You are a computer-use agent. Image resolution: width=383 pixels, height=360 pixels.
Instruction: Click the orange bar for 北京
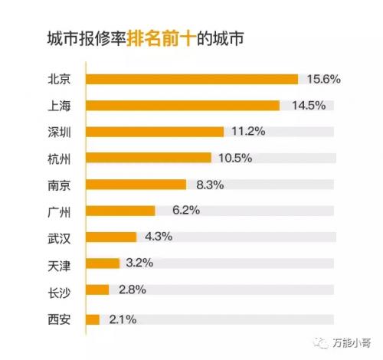(x=191, y=79)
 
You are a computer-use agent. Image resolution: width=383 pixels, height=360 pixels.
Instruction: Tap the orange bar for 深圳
(x=155, y=131)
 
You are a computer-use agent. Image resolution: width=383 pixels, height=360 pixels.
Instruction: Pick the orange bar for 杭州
(x=149, y=158)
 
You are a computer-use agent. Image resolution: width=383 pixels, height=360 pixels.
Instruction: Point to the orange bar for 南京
(x=136, y=184)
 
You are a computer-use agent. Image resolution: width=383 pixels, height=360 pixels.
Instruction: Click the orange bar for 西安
(x=93, y=318)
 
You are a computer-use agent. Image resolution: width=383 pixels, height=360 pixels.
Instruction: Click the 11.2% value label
(x=247, y=131)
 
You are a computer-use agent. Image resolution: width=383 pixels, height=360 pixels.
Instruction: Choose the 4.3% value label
(x=156, y=237)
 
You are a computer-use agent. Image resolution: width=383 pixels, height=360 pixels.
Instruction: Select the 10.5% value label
(x=234, y=158)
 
